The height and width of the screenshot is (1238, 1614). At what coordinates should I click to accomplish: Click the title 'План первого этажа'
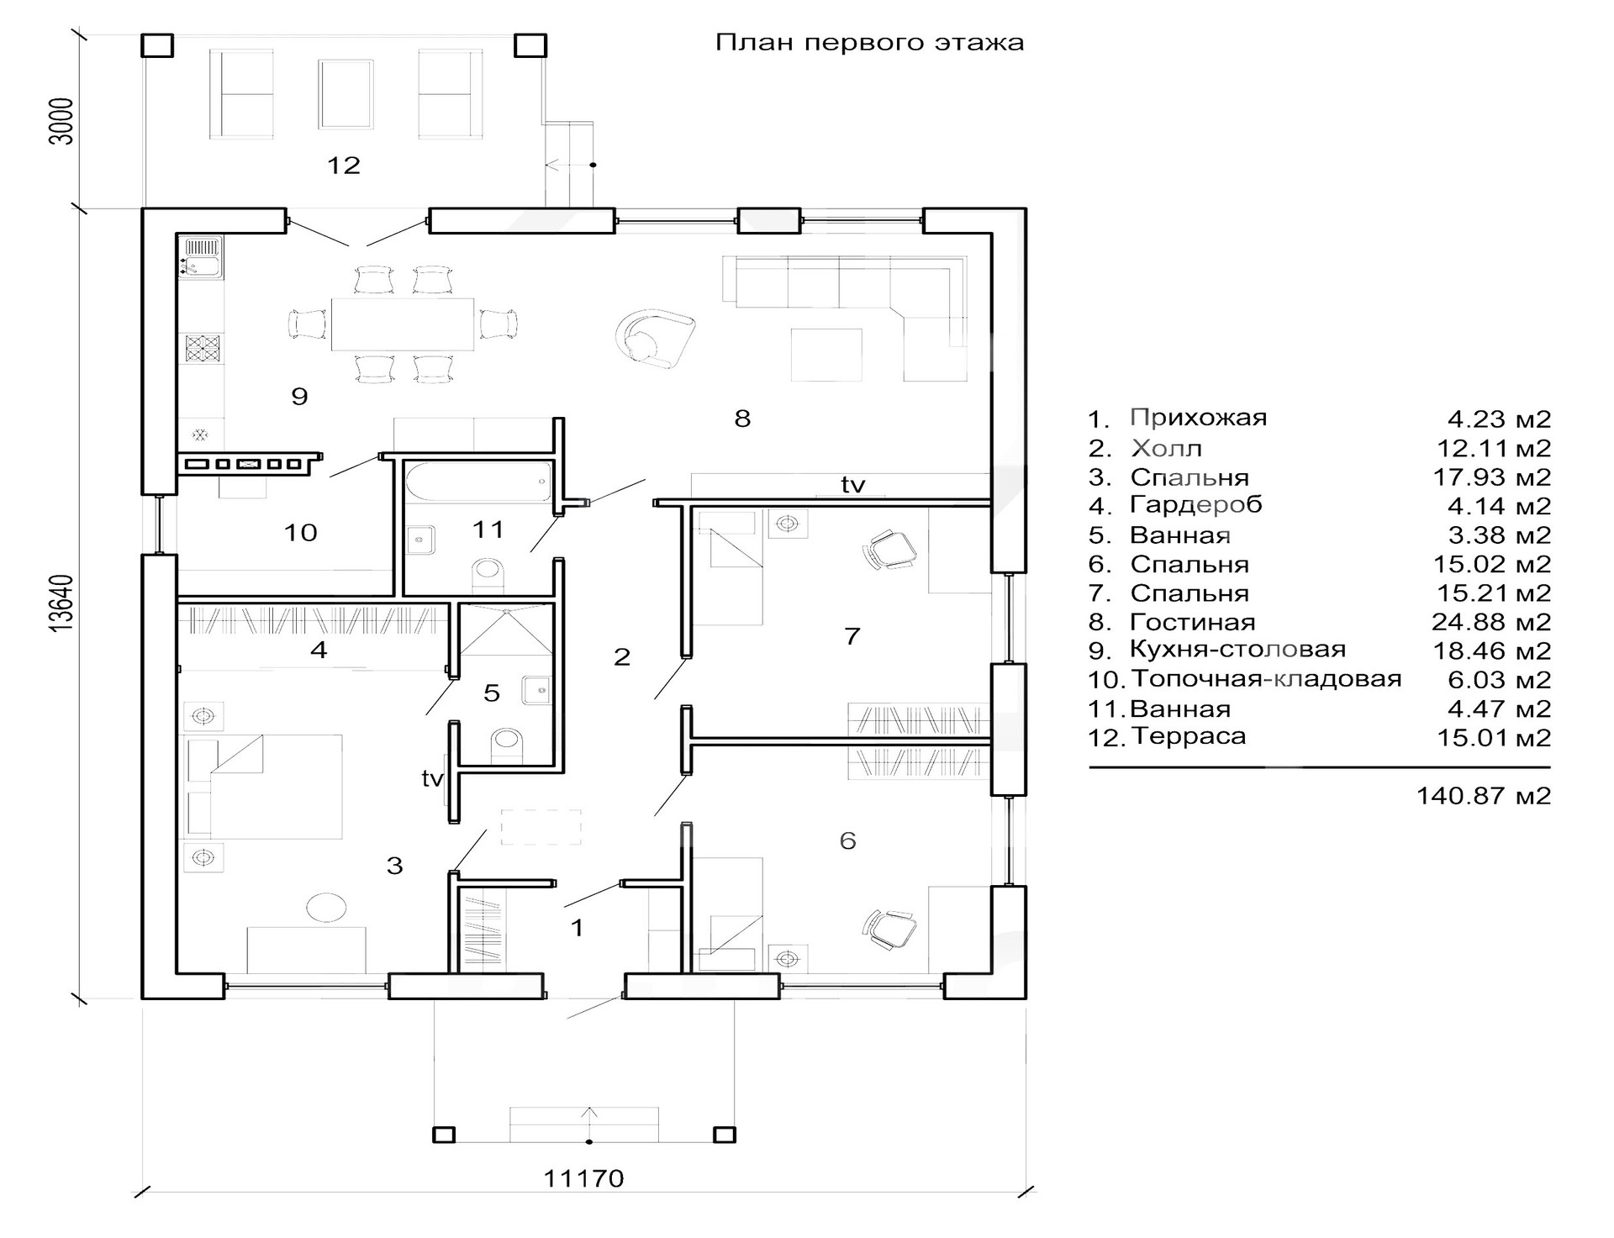pyautogui.click(x=869, y=43)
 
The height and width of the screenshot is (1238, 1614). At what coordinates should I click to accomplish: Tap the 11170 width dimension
pyautogui.click(x=583, y=1178)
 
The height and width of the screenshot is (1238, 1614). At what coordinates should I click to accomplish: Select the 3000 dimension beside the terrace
pyautogui.click(x=61, y=122)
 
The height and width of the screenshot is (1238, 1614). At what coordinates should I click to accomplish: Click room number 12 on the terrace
pyautogui.click(x=343, y=165)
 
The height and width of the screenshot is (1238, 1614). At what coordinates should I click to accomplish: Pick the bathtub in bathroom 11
pyautogui.click(x=478, y=482)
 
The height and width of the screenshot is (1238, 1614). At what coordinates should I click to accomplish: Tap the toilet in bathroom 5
pyautogui.click(x=507, y=743)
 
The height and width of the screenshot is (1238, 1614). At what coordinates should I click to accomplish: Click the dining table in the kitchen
pyautogui.click(x=403, y=324)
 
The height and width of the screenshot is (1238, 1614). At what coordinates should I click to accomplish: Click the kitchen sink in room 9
pyautogui.click(x=201, y=257)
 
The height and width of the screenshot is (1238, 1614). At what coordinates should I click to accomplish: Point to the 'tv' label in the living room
pyautogui.click(x=853, y=484)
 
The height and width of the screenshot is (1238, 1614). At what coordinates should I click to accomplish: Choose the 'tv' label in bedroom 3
pyautogui.click(x=432, y=779)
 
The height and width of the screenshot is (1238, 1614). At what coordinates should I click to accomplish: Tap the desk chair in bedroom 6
pyautogui.click(x=890, y=930)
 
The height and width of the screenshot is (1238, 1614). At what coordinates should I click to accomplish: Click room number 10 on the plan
pyautogui.click(x=300, y=532)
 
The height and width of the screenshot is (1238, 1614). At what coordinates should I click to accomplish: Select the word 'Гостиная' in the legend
pyautogui.click(x=1192, y=623)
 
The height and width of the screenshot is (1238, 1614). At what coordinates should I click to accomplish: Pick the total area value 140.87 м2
pyautogui.click(x=1484, y=796)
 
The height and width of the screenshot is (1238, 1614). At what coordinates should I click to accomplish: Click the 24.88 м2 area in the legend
pyautogui.click(x=1491, y=622)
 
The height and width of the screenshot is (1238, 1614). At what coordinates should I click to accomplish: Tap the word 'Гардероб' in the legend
pyautogui.click(x=1195, y=506)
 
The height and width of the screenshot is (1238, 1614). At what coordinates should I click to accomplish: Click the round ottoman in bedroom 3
pyautogui.click(x=325, y=908)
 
